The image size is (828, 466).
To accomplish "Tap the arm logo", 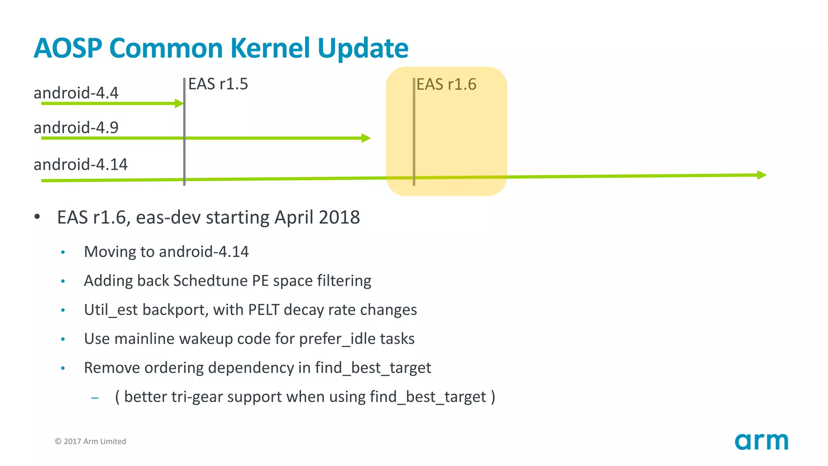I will pyautogui.click(x=761, y=441).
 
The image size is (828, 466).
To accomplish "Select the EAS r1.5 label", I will pyautogui.click(x=218, y=84).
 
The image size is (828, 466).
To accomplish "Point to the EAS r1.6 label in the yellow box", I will pyautogui.click(x=446, y=85).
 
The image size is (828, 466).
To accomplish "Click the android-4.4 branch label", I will pyautogui.click(x=76, y=93).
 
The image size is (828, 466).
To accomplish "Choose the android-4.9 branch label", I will pyautogui.click(x=76, y=128).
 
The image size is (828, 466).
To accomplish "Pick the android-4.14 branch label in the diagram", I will pyautogui.click(x=80, y=165).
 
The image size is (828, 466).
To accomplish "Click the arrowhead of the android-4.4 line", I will pyautogui.click(x=179, y=104).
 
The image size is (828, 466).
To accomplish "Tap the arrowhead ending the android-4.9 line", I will pyautogui.click(x=366, y=138).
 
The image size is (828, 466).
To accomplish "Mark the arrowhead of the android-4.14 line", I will pyautogui.click(x=762, y=175).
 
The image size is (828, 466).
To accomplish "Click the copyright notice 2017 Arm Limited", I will pyautogui.click(x=91, y=441).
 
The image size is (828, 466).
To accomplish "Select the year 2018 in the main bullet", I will pyautogui.click(x=339, y=218).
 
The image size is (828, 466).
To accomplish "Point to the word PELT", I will pyautogui.click(x=264, y=310).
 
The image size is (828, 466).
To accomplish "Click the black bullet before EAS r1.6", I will pyautogui.click(x=37, y=217).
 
